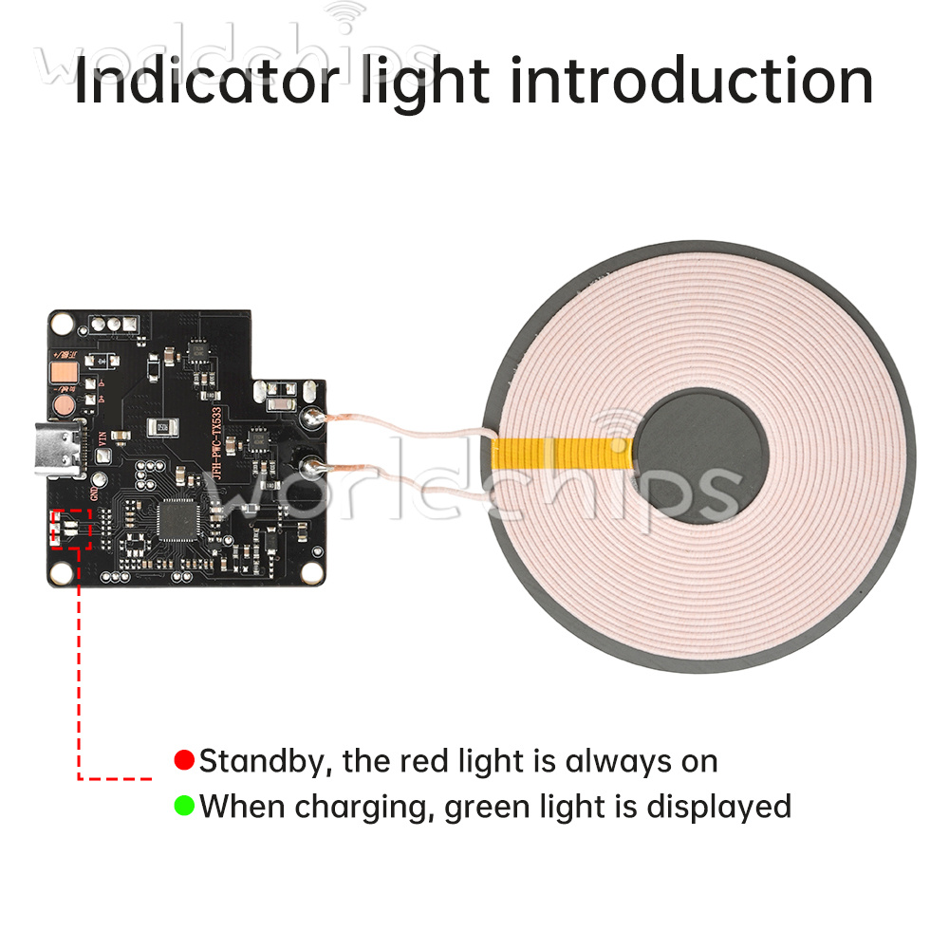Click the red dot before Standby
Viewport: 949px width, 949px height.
point(184,760)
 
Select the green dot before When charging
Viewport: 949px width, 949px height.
point(184,807)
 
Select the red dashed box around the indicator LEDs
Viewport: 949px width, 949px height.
point(71,528)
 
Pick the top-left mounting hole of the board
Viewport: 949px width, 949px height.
point(65,324)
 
